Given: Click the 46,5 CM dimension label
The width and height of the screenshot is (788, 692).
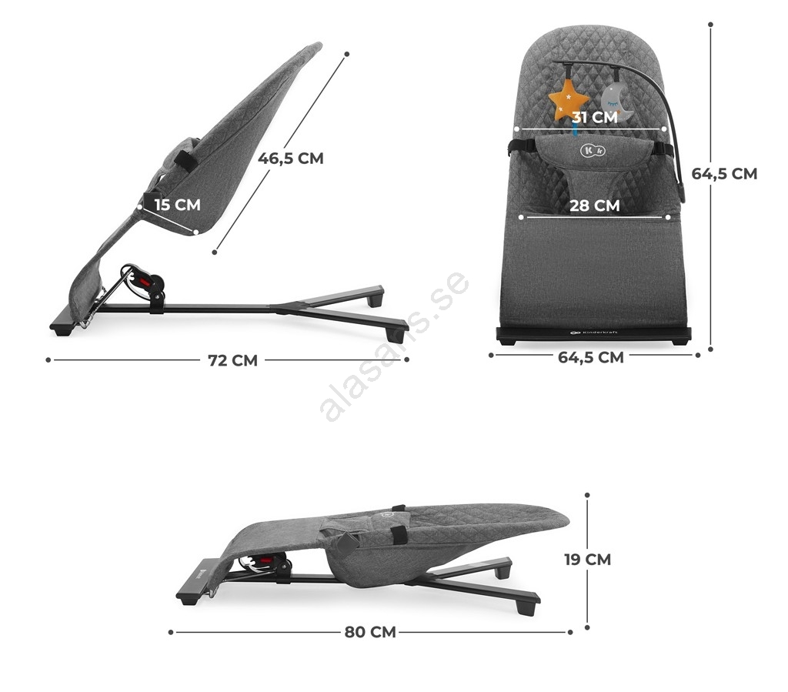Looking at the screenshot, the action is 290,159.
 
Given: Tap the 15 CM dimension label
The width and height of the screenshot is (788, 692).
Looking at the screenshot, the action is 178,205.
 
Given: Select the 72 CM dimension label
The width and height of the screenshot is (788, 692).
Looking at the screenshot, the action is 232,360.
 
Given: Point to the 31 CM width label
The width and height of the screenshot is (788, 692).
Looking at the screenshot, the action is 595,117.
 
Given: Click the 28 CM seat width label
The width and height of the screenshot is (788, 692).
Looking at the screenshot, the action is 595,206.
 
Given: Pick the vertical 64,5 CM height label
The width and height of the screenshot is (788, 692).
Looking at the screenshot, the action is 724,173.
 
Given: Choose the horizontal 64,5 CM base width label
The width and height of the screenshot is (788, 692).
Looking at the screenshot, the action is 591,357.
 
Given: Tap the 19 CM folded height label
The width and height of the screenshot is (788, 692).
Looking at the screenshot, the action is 587,560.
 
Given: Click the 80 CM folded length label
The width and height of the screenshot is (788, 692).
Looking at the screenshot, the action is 370,632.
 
